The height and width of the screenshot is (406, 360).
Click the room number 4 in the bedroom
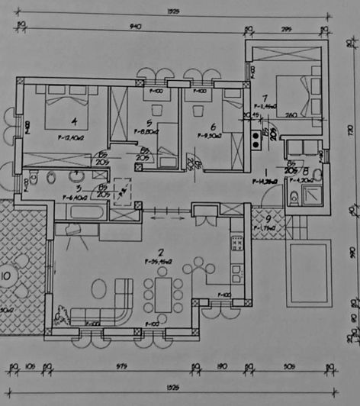(74, 121)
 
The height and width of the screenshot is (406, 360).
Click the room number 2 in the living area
(160, 252)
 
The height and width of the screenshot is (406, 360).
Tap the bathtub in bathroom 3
(79, 211)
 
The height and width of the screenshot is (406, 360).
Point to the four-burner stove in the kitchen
(237, 243)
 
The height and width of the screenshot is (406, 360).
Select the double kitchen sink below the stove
(236, 266)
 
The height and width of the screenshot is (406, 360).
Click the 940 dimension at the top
(137, 26)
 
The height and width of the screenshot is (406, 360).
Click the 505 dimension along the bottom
(288, 367)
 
